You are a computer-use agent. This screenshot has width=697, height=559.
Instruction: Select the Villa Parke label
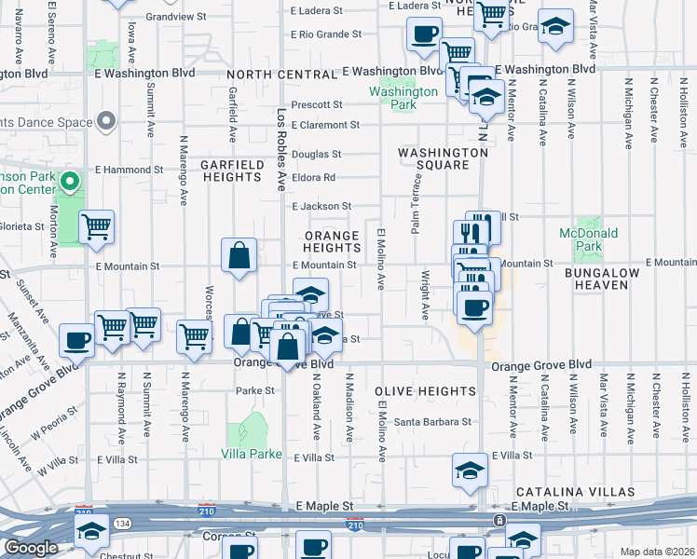[245, 454]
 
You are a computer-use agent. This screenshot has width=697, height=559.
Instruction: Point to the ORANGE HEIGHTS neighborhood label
[332, 241]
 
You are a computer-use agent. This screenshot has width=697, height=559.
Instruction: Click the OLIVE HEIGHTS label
[425, 392]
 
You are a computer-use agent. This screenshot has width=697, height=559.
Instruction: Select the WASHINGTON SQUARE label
[443, 158]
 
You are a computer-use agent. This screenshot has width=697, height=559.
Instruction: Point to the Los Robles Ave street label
[281, 149]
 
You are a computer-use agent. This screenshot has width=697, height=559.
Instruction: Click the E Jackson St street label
[321, 207]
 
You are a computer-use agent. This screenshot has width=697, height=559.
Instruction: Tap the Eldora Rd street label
[314, 177]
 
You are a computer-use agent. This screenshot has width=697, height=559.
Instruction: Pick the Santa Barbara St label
[431, 422]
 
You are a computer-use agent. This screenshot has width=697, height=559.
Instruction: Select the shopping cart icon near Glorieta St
[97, 226]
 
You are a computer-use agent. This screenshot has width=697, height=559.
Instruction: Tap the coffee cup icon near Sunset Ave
[76, 339]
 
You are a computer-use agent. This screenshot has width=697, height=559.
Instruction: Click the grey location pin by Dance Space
[106, 121]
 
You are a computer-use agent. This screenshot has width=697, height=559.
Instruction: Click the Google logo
[30, 549]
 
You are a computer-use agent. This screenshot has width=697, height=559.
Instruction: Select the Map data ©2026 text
[657, 552]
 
